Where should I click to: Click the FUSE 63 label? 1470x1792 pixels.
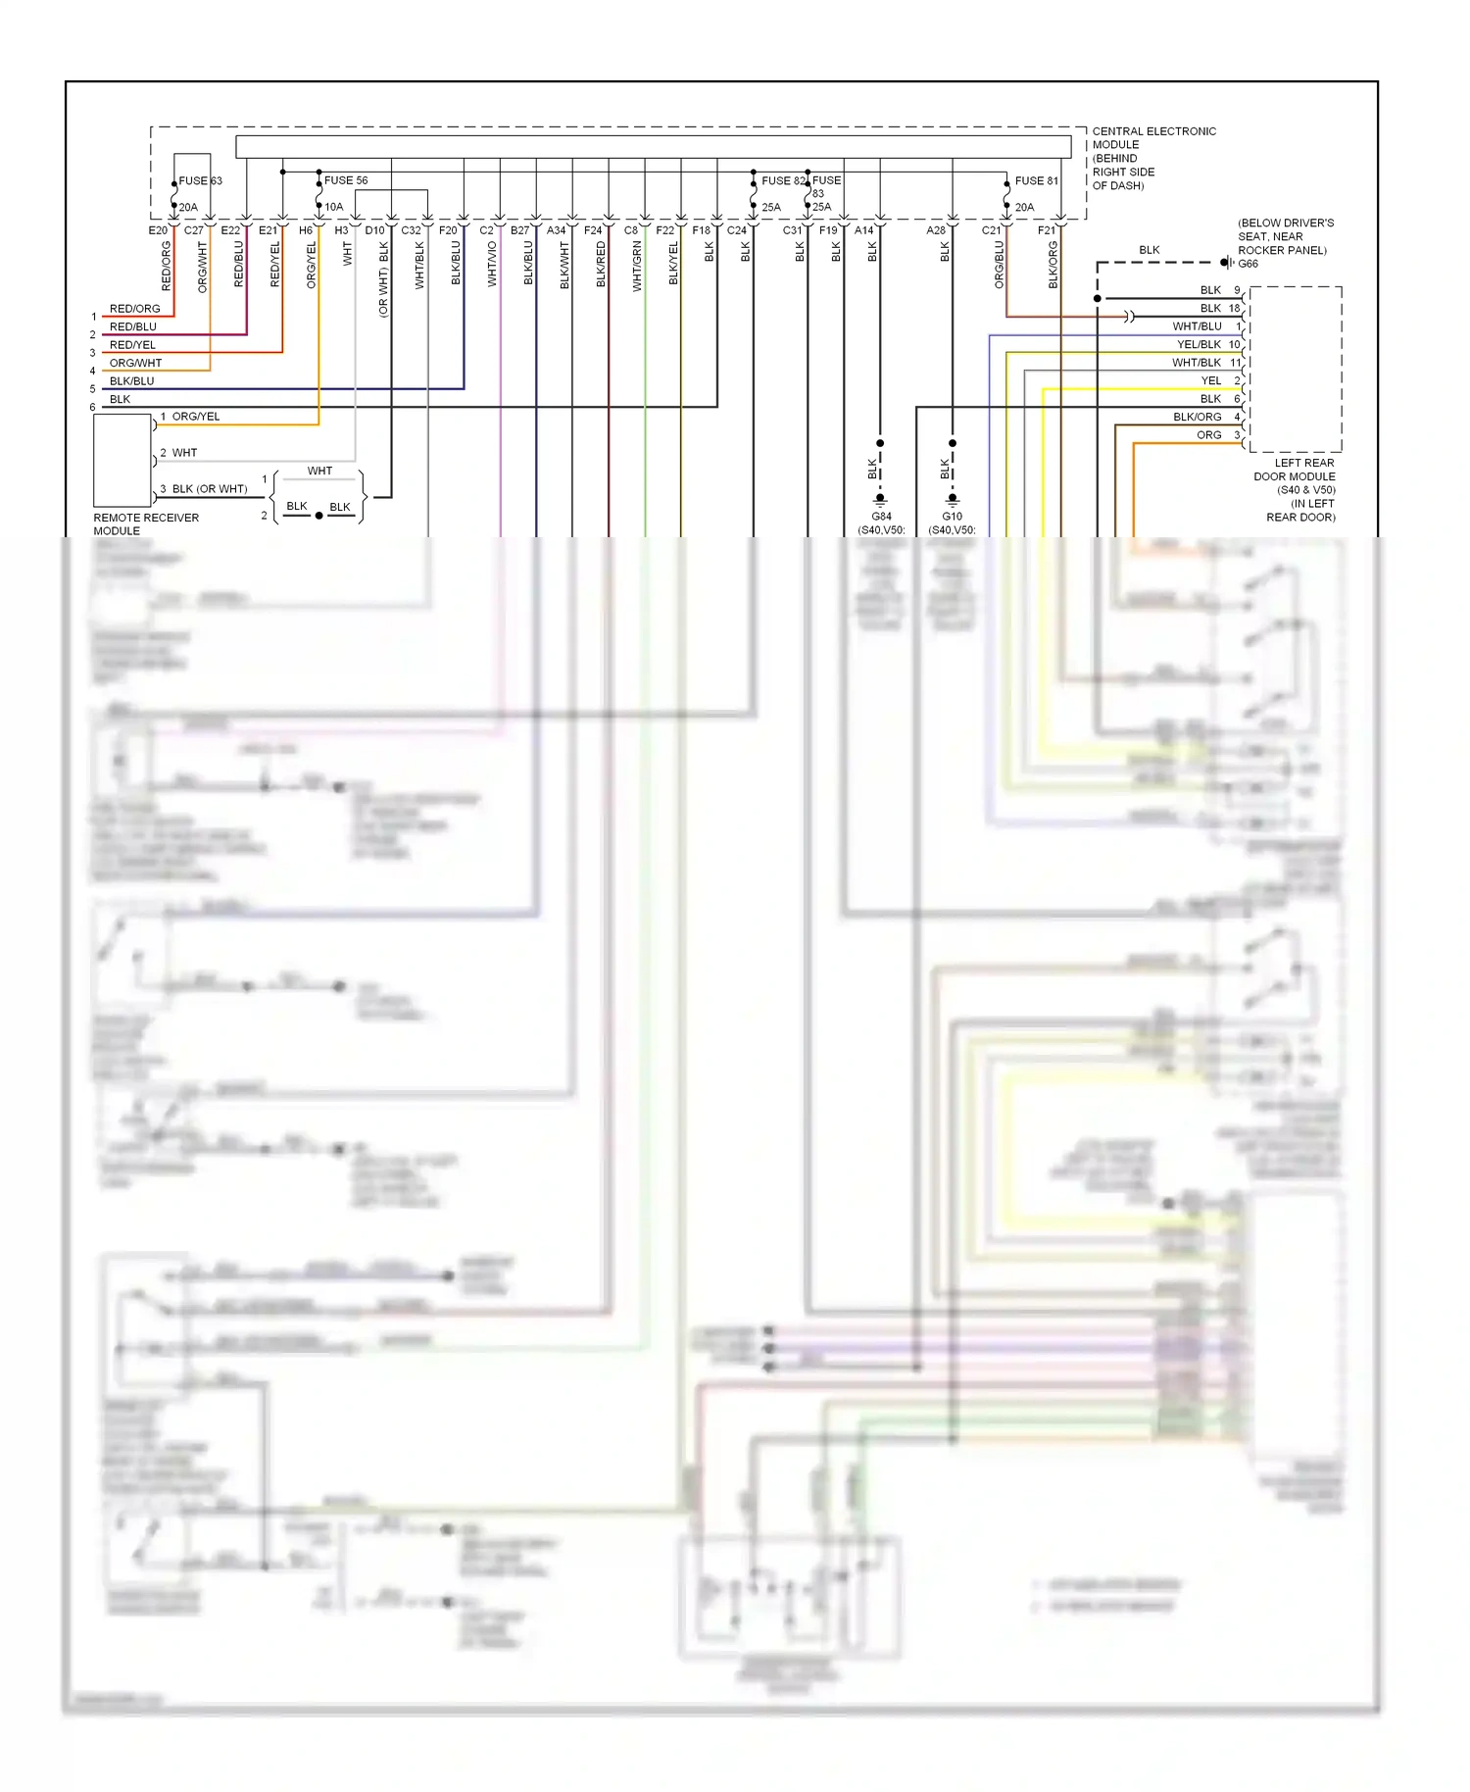coord(200,181)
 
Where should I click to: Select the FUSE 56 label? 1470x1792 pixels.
coord(346,180)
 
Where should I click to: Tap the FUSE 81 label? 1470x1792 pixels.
coord(1036,181)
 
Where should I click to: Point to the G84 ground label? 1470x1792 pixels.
coord(881,517)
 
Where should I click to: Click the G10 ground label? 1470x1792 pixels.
coord(952,517)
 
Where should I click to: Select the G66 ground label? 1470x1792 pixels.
coord(1248,264)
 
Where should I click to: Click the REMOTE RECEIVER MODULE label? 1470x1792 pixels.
coord(145,523)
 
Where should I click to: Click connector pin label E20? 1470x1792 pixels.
coord(158,230)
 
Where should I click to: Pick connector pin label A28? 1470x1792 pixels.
coord(936,230)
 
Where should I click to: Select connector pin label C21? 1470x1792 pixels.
coord(992,230)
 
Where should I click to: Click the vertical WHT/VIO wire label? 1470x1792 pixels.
coord(492,264)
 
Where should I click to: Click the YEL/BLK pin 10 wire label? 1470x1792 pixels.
coord(1199,344)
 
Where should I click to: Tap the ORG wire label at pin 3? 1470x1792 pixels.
coord(1208,435)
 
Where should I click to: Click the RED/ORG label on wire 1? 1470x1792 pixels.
coord(134,309)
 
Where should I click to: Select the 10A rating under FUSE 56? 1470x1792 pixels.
coord(334,207)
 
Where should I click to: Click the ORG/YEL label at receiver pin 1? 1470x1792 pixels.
coord(195,417)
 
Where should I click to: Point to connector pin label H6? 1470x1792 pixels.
coord(306,230)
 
